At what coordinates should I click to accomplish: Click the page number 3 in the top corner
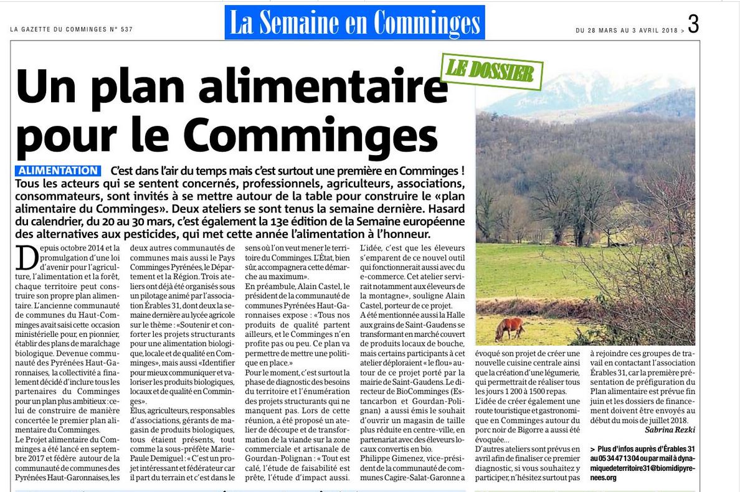coord(693,24)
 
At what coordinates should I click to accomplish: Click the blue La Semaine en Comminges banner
coord(354,24)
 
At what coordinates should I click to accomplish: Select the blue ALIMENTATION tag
coord(58,171)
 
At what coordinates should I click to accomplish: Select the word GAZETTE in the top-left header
coord(39,29)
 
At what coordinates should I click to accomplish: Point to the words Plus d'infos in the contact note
coord(619,449)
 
